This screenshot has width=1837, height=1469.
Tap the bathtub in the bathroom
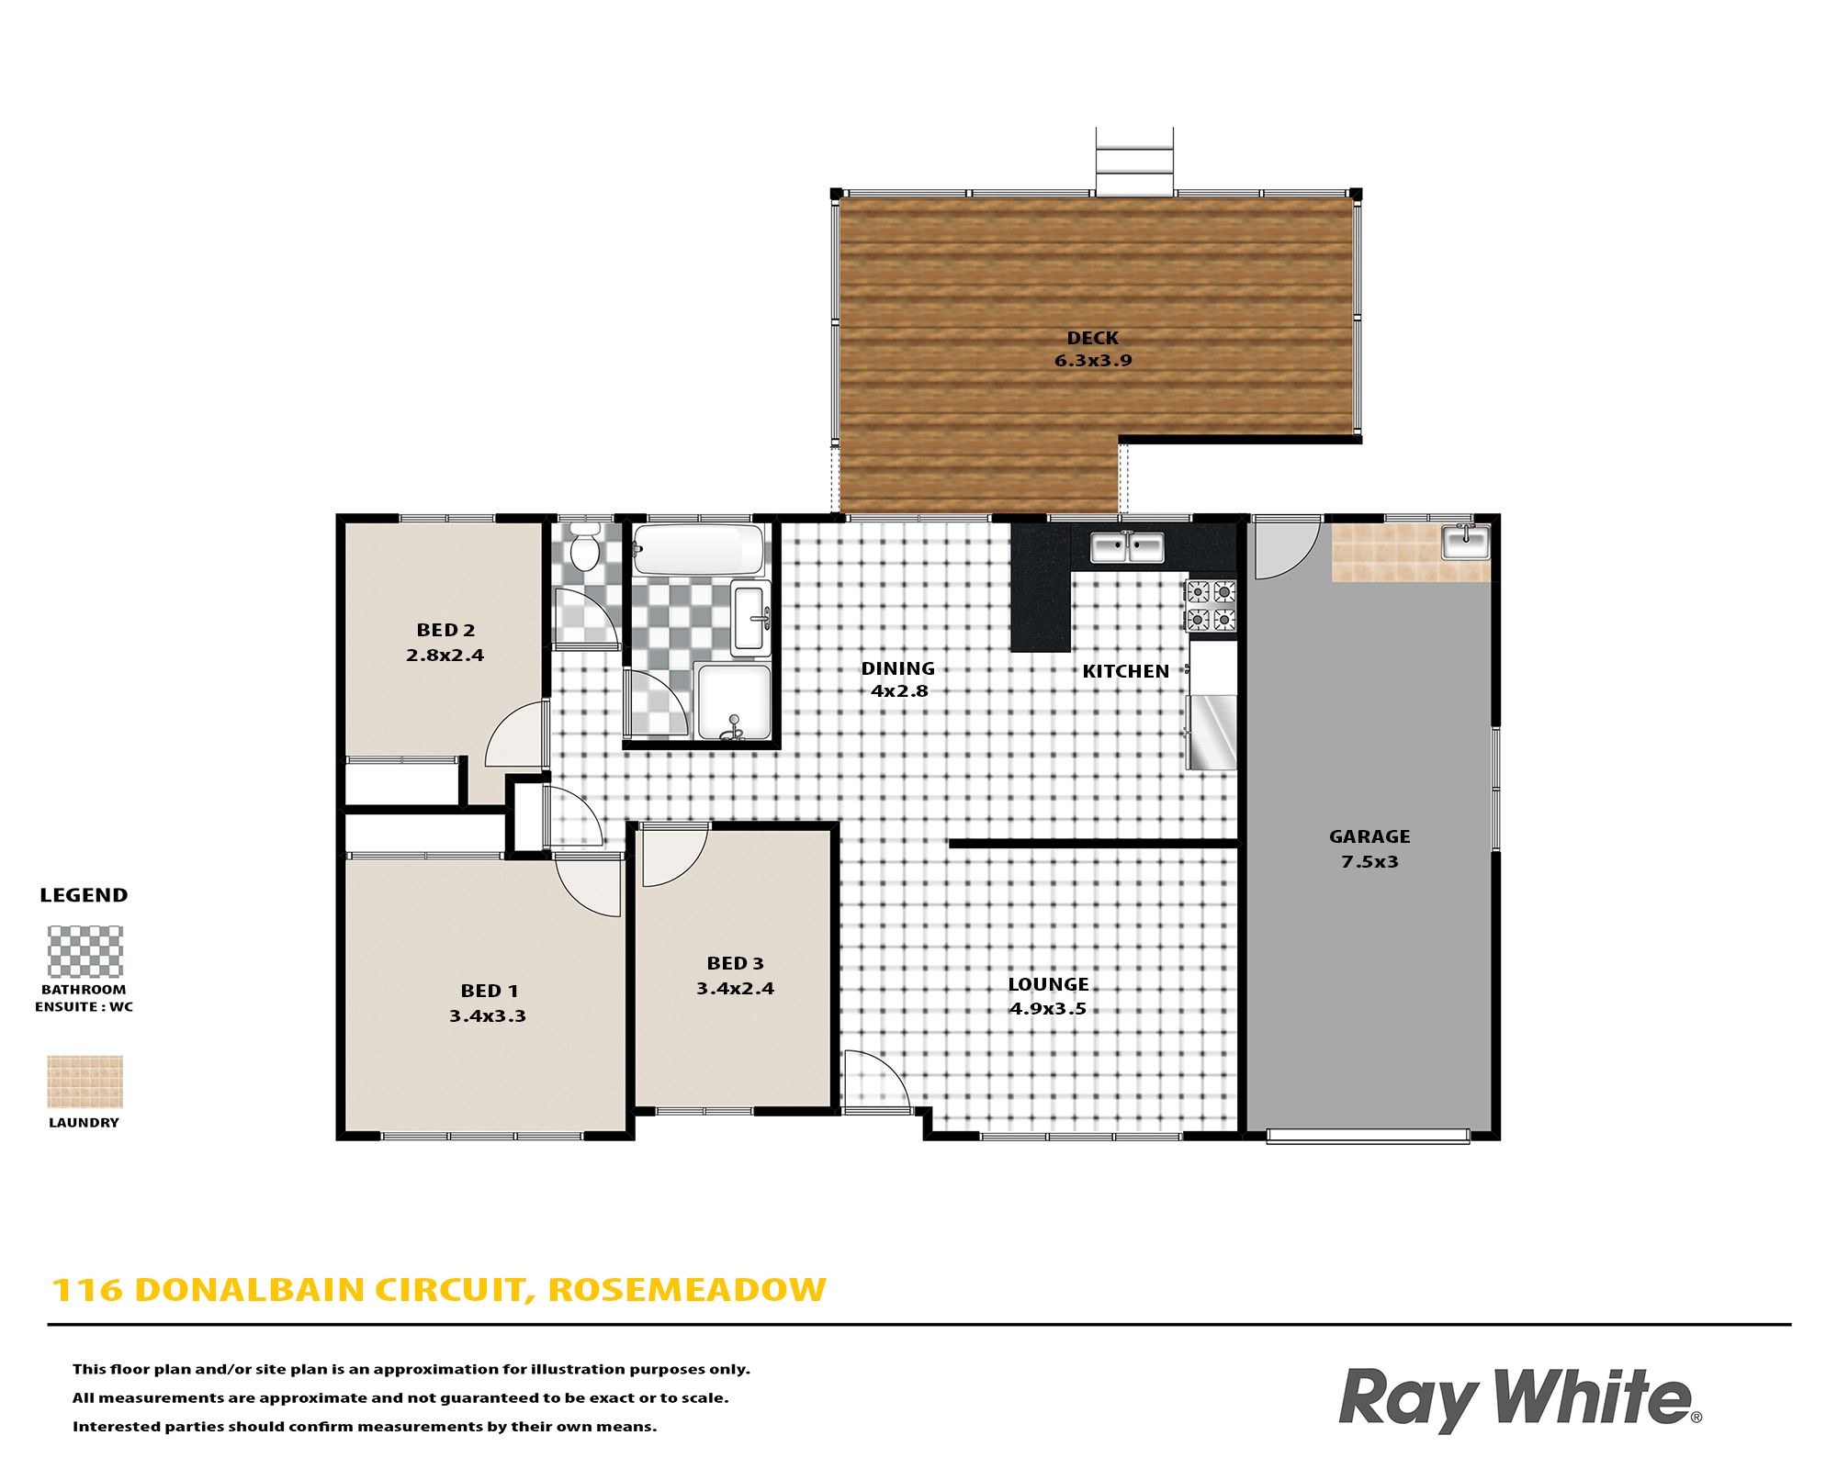click(699, 550)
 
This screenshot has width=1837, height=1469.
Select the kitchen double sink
click(1127, 547)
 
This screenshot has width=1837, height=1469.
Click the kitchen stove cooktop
click(1212, 606)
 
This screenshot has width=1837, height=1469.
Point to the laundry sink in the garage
click(1466, 542)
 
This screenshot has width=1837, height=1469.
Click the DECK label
click(1093, 338)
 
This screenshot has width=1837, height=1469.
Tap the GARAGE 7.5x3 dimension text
click(1369, 861)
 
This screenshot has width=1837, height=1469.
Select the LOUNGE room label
click(1048, 984)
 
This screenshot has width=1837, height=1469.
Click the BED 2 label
click(445, 630)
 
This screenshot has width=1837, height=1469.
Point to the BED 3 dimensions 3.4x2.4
click(735, 989)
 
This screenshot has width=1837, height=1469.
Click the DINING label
click(897, 668)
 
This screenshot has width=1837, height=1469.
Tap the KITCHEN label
click(1125, 671)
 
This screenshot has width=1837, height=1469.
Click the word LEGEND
click(84, 895)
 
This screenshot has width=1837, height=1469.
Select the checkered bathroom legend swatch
click(85, 951)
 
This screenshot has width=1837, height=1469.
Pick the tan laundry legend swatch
click(85, 1082)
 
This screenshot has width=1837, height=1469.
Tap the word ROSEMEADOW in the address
click(687, 1290)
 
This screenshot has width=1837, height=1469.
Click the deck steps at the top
click(1134, 162)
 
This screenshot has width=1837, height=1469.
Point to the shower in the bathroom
click(733, 701)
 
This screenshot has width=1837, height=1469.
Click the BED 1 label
click(490, 991)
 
